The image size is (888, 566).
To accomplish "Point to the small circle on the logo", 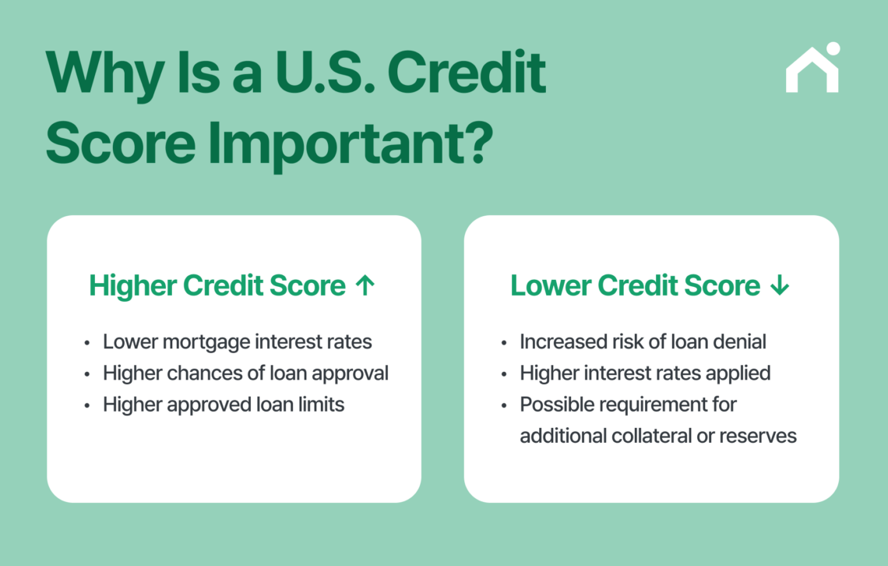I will [x=833, y=48].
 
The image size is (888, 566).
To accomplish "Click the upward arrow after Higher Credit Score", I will [x=365, y=286].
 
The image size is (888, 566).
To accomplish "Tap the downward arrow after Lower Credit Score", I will [x=779, y=286].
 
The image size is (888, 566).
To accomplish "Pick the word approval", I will [x=351, y=373].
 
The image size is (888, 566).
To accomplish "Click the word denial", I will [x=738, y=342].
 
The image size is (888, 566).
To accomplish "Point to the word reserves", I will [x=759, y=436].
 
